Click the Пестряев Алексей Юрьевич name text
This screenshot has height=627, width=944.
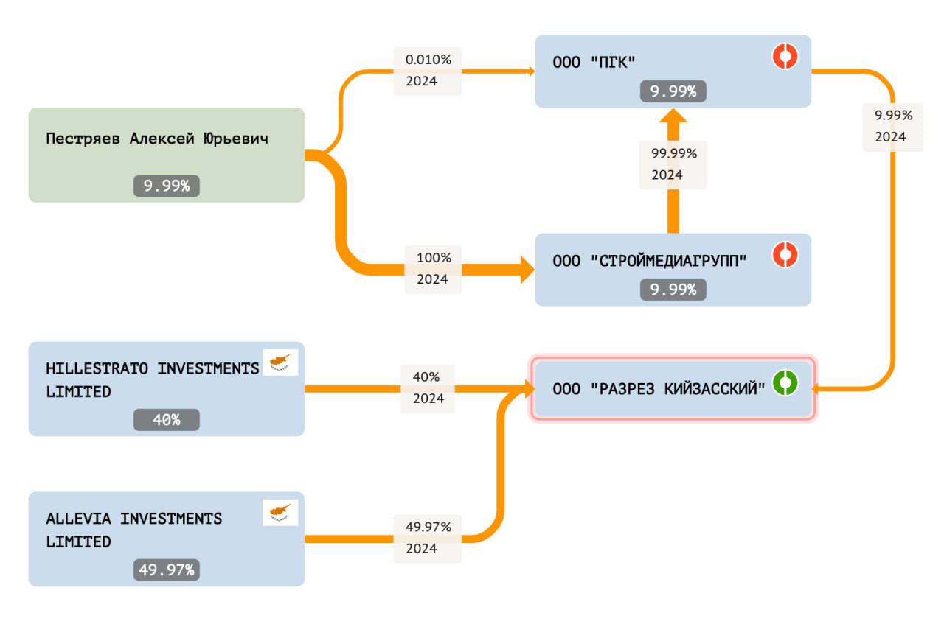(157, 139)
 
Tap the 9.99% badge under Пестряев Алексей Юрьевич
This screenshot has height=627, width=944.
(167, 186)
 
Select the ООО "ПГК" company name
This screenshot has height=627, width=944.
(594, 63)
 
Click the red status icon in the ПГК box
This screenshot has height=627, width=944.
(785, 56)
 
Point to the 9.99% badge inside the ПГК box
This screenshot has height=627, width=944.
(673, 91)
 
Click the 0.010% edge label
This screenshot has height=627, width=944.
(428, 60)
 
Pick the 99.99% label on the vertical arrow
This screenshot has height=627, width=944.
(674, 153)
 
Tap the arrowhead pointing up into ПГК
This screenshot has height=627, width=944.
(673, 116)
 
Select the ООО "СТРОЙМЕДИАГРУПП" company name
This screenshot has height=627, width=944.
(650, 261)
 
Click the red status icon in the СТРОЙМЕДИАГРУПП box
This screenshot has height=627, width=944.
(785, 254)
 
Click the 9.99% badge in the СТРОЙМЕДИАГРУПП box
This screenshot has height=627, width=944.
(673, 290)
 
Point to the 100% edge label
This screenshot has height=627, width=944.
(434, 257)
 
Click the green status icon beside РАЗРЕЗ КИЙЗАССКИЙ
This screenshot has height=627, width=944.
(785, 382)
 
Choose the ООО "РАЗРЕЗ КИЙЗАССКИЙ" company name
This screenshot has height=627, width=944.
(659, 389)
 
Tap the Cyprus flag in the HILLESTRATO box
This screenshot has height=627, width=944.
(280, 362)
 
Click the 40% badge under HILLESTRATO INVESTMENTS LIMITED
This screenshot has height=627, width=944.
(167, 419)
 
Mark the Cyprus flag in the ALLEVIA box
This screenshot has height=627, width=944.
(280, 513)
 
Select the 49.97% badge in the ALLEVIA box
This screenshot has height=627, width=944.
(167, 570)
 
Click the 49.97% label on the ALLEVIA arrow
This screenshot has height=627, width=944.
(428, 527)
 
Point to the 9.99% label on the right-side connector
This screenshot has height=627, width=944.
(893, 115)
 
